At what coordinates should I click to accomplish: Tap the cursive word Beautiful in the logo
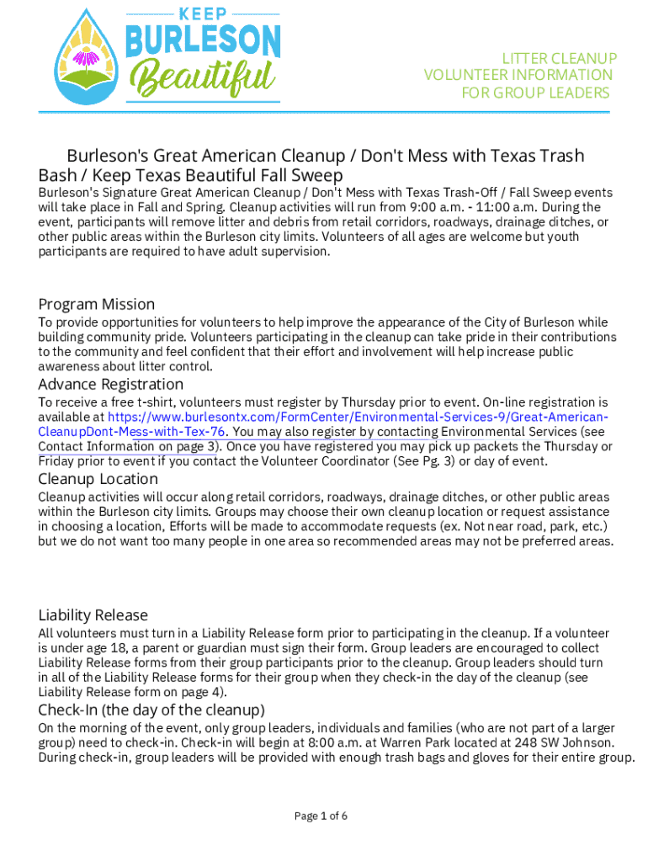point(202,77)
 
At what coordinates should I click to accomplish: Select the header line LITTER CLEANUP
point(560,58)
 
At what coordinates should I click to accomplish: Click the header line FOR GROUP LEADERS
point(535,93)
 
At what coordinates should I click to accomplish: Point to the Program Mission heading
point(97,304)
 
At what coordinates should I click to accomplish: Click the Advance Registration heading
point(111,385)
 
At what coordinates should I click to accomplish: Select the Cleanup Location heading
point(98,479)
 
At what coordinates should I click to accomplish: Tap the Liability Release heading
point(93,615)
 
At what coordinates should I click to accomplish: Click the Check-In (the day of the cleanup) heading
point(151,710)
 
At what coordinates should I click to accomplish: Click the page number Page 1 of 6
point(321,816)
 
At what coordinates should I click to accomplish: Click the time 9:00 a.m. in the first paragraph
point(441,208)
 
